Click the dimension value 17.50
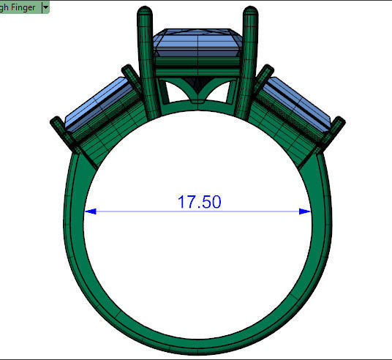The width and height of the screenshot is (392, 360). click(x=199, y=202)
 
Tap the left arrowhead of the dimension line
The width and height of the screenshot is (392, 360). click(x=90, y=212)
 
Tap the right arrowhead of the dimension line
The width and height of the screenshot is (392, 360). click(x=306, y=212)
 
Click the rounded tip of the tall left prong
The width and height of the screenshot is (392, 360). click(x=143, y=12)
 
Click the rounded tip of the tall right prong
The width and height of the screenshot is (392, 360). click(x=249, y=12)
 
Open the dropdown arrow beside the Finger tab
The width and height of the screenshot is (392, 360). click(x=46, y=6)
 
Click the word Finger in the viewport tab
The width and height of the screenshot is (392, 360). click(x=23, y=6)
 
